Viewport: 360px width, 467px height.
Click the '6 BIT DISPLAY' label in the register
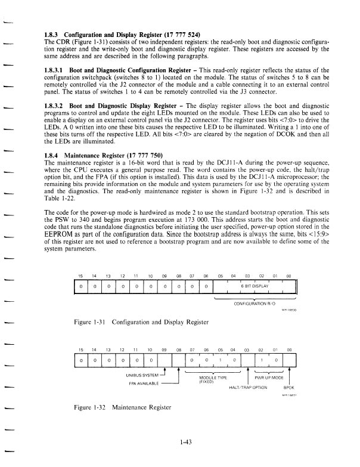click(255, 286)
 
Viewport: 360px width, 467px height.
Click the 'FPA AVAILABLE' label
click(143, 383)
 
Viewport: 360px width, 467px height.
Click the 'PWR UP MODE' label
click(268, 378)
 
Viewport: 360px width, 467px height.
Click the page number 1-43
click(184, 443)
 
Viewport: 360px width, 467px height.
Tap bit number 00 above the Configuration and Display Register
click(289, 276)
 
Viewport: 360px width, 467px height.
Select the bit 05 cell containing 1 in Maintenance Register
click(220, 360)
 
